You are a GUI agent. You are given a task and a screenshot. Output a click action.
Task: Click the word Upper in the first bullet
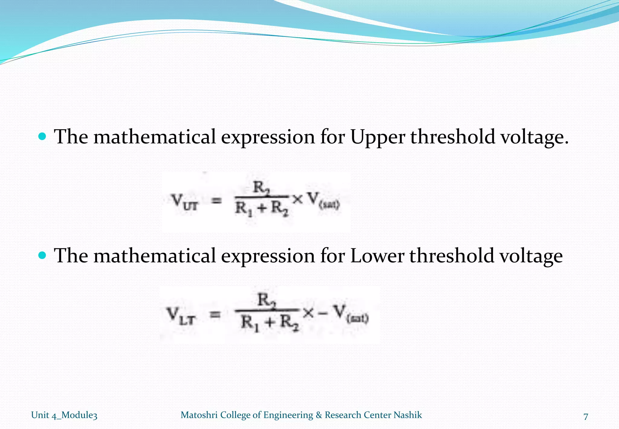point(377,137)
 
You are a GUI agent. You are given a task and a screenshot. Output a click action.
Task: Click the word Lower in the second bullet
point(377,256)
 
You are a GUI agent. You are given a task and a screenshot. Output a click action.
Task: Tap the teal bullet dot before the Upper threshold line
point(43,136)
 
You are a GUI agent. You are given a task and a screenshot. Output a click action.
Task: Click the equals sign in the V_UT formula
point(216,200)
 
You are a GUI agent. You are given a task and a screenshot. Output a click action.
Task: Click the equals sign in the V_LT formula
point(215,315)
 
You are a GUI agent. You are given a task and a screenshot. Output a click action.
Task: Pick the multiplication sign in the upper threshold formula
point(297,199)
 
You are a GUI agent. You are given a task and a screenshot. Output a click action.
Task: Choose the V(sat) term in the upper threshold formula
point(323,201)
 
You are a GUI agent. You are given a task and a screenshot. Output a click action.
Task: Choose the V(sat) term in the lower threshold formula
point(350,314)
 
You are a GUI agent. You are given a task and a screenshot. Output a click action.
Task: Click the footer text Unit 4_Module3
point(64,415)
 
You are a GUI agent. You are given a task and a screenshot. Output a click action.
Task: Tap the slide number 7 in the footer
point(586,416)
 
